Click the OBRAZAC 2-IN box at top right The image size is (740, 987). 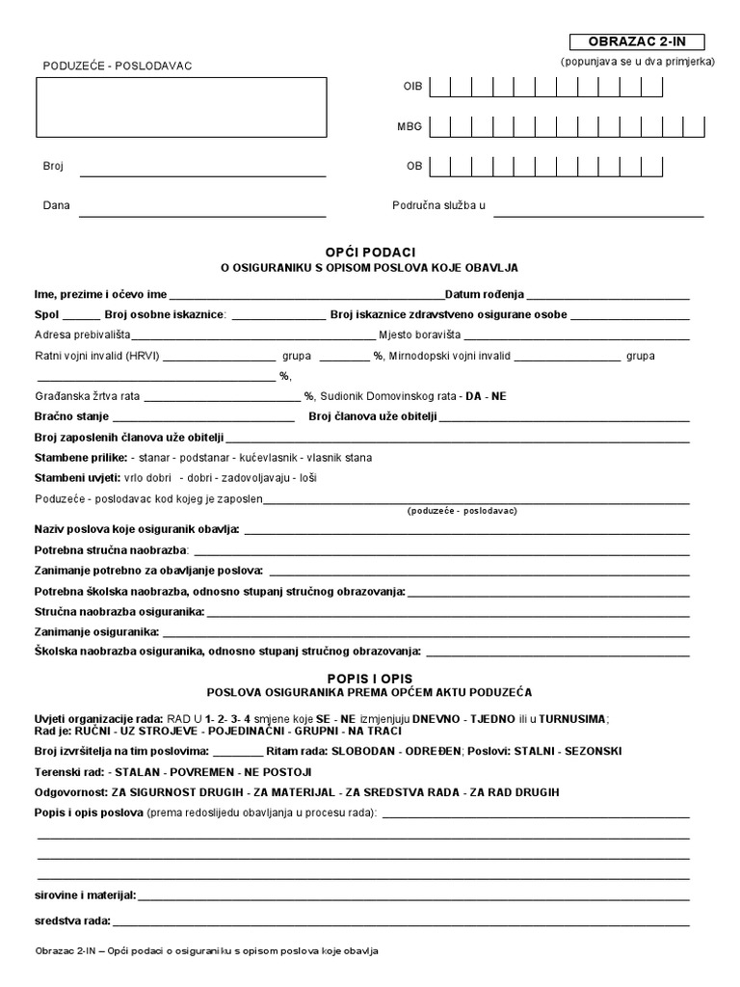(x=637, y=41)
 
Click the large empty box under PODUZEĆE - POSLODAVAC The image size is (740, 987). (x=181, y=107)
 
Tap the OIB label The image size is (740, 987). (x=412, y=87)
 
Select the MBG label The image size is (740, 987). (x=410, y=126)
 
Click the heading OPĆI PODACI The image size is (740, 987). (x=369, y=251)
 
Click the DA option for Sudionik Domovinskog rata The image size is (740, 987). (x=472, y=396)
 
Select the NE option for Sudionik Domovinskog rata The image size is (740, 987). (x=498, y=396)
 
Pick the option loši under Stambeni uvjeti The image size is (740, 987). (x=307, y=478)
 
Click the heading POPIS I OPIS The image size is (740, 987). (x=369, y=679)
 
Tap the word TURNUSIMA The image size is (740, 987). (x=573, y=718)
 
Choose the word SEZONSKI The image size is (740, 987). (x=592, y=751)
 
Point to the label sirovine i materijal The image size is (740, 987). (x=85, y=895)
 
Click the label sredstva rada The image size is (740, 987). (x=72, y=920)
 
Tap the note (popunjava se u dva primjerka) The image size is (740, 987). (x=637, y=61)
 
